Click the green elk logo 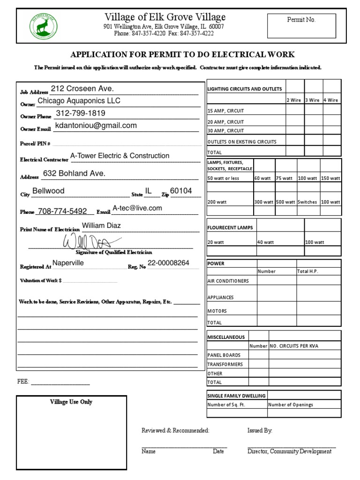tap(44, 26)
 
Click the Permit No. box tap(301, 26)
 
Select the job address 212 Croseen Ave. tap(82, 89)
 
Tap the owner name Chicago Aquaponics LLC tap(79, 101)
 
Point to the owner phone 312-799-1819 tap(81, 113)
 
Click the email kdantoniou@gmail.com tap(96, 126)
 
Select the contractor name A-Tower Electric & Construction tap(120, 156)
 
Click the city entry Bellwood tap(48, 191)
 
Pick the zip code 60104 tap(181, 191)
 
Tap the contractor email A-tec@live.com tap(137, 208)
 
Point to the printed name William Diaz tap(101, 225)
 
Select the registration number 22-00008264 tap(168, 263)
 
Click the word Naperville tap(68, 263)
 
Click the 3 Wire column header tap(313, 100)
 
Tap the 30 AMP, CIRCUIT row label tap(225, 131)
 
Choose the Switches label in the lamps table tap(307, 202)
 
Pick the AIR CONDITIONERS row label tap(228, 281)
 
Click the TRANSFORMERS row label tap(225, 364)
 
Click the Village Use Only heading tap(71, 402)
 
